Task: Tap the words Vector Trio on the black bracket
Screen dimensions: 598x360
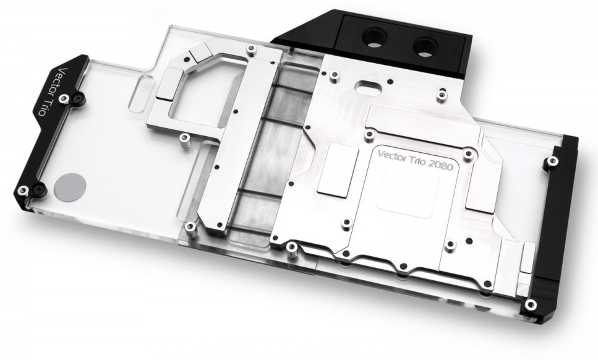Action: pyautogui.click(x=49, y=92)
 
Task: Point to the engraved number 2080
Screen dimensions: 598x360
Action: pyautogui.click(x=440, y=166)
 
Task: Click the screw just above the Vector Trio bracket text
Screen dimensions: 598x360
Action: pyautogui.click(x=64, y=99)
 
